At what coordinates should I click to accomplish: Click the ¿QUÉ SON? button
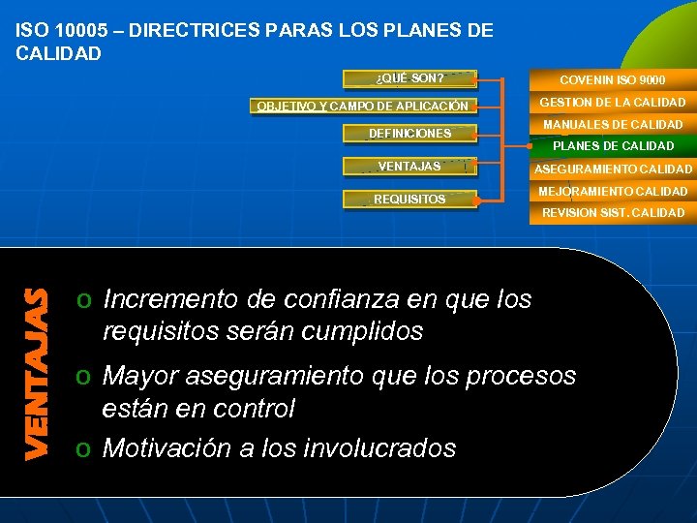(x=409, y=78)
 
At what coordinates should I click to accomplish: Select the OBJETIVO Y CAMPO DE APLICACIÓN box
(x=362, y=106)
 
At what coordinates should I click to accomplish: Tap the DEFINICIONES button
(x=409, y=134)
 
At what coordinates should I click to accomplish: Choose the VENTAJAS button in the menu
(x=409, y=167)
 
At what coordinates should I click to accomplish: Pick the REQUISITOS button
(x=409, y=200)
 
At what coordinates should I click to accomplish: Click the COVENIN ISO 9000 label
(x=611, y=79)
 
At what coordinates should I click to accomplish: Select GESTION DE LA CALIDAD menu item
(x=612, y=102)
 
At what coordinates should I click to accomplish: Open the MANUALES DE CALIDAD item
(x=612, y=124)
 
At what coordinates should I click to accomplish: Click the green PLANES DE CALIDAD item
(x=612, y=146)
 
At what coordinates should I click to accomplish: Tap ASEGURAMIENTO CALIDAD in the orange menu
(x=612, y=169)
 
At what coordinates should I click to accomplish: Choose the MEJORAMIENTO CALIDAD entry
(x=612, y=192)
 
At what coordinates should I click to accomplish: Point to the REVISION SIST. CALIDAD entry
(x=612, y=213)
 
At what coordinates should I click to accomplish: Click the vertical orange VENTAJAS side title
(x=37, y=373)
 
